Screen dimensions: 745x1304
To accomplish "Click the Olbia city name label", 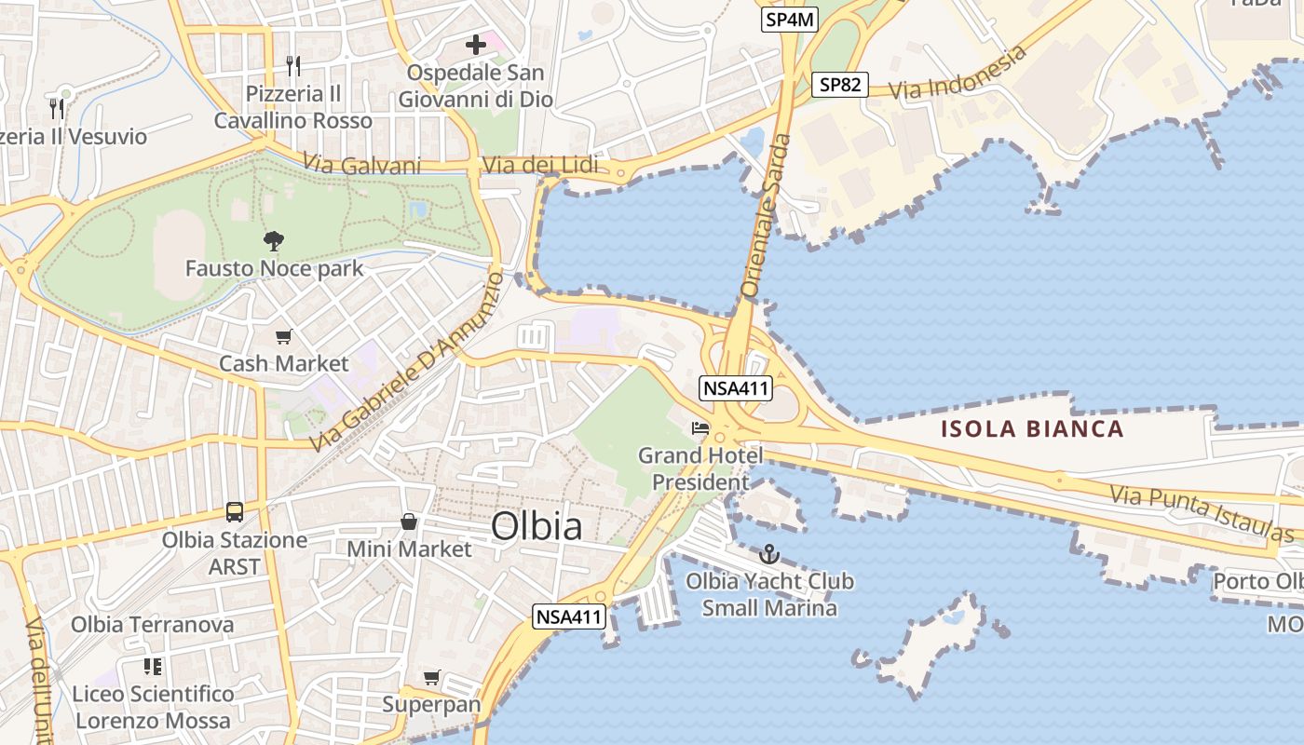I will [x=537, y=527].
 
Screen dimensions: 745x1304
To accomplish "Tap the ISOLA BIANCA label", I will [x=1032, y=429].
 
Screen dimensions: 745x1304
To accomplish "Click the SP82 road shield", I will [x=839, y=85].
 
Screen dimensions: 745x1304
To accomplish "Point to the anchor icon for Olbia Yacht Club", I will [x=769, y=555].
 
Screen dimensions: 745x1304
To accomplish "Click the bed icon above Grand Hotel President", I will [x=700, y=429].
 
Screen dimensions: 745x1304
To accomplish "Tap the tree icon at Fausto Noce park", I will [x=273, y=241].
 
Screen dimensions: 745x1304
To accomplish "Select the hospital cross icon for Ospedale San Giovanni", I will [x=476, y=44].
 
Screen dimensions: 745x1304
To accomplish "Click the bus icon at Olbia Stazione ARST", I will [x=235, y=512].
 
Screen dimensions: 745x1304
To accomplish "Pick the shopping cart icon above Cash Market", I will [x=283, y=336].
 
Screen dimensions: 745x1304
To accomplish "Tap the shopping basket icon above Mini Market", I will [x=408, y=521].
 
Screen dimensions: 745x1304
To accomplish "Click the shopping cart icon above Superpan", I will [x=431, y=677].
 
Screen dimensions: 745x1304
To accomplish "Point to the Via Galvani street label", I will [x=362, y=165].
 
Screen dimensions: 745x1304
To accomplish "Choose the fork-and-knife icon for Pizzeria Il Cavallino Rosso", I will [x=293, y=65].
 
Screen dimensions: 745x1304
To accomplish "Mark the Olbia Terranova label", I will [x=153, y=624].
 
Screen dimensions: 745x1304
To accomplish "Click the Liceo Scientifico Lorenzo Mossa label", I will [x=153, y=707].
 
